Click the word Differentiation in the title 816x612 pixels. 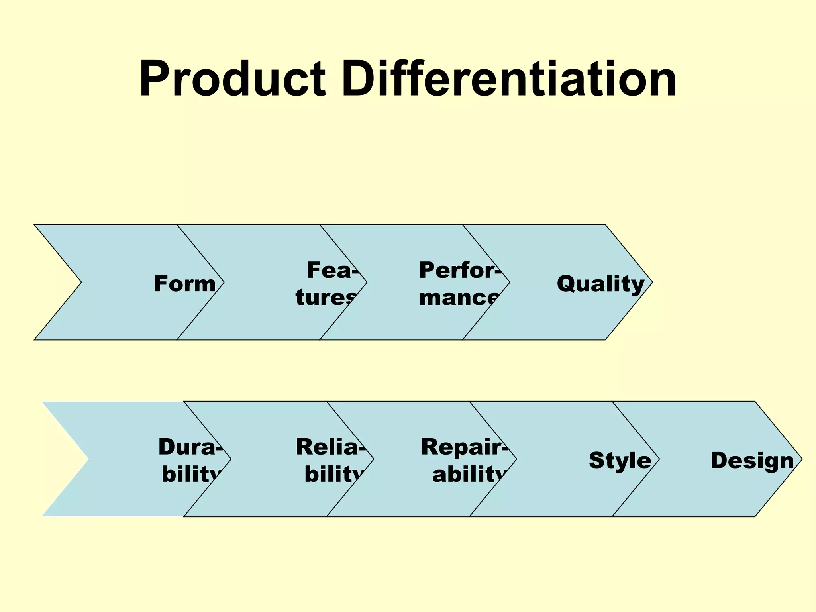(508, 78)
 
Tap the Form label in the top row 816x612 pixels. (185, 284)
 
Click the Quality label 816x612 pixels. (600, 284)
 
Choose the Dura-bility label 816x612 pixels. (190, 460)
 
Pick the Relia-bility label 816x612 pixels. (330, 460)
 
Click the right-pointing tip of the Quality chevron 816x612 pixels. (651, 282)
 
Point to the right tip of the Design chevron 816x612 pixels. (801, 459)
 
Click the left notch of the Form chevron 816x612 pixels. (81, 282)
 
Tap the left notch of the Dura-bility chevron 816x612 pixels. (88, 459)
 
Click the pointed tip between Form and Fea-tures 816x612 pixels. (224, 282)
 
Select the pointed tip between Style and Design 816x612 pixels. (659, 459)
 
